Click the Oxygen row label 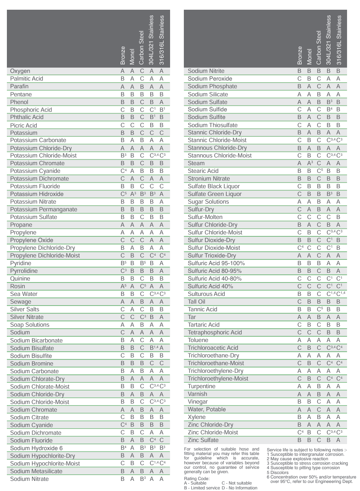pyautogui.click(x=20, y=71)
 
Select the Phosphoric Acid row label pyautogui.click(x=31, y=110)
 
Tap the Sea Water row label pyautogui.click(x=24, y=294)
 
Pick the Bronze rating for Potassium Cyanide pyautogui.click(x=123, y=171)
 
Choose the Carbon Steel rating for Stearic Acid pyautogui.click(x=319, y=171)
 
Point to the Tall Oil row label pyautogui.click(x=197, y=302)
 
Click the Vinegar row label pyautogui.click(x=198, y=402)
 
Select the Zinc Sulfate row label pyautogui.click(x=203, y=440)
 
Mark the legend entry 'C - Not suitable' pyautogui.click(x=236, y=483)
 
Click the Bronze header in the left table pyautogui.click(x=123, y=55)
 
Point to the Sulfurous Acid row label pyautogui.click(x=206, y=294)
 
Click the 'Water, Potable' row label pyautogui.click(x=207, y=409)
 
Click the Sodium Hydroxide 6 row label pyautogui.click(x=36, y=448)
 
